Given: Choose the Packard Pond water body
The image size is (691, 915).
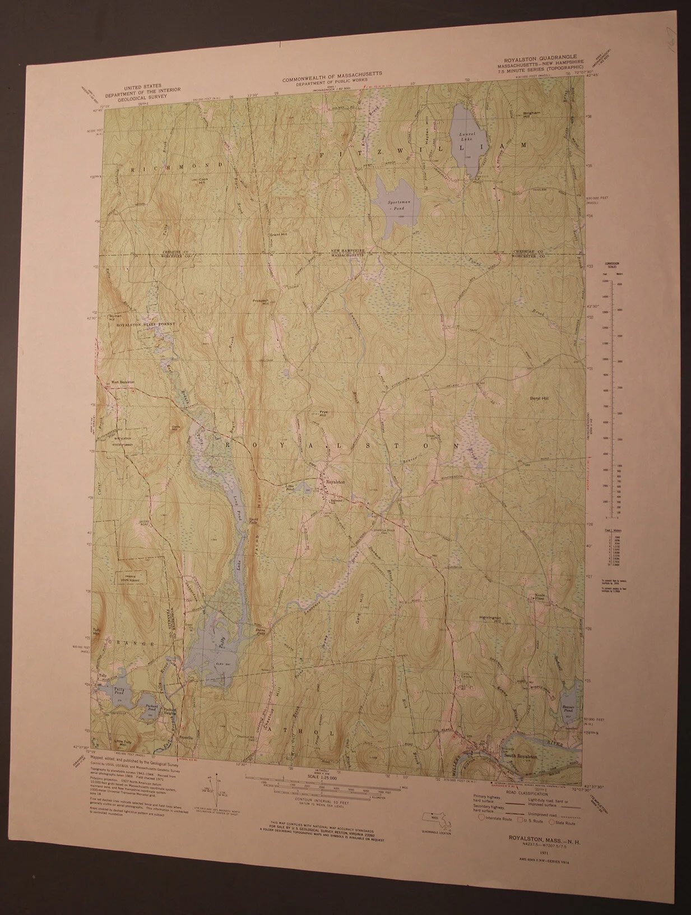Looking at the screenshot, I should click(x=150, y=709).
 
